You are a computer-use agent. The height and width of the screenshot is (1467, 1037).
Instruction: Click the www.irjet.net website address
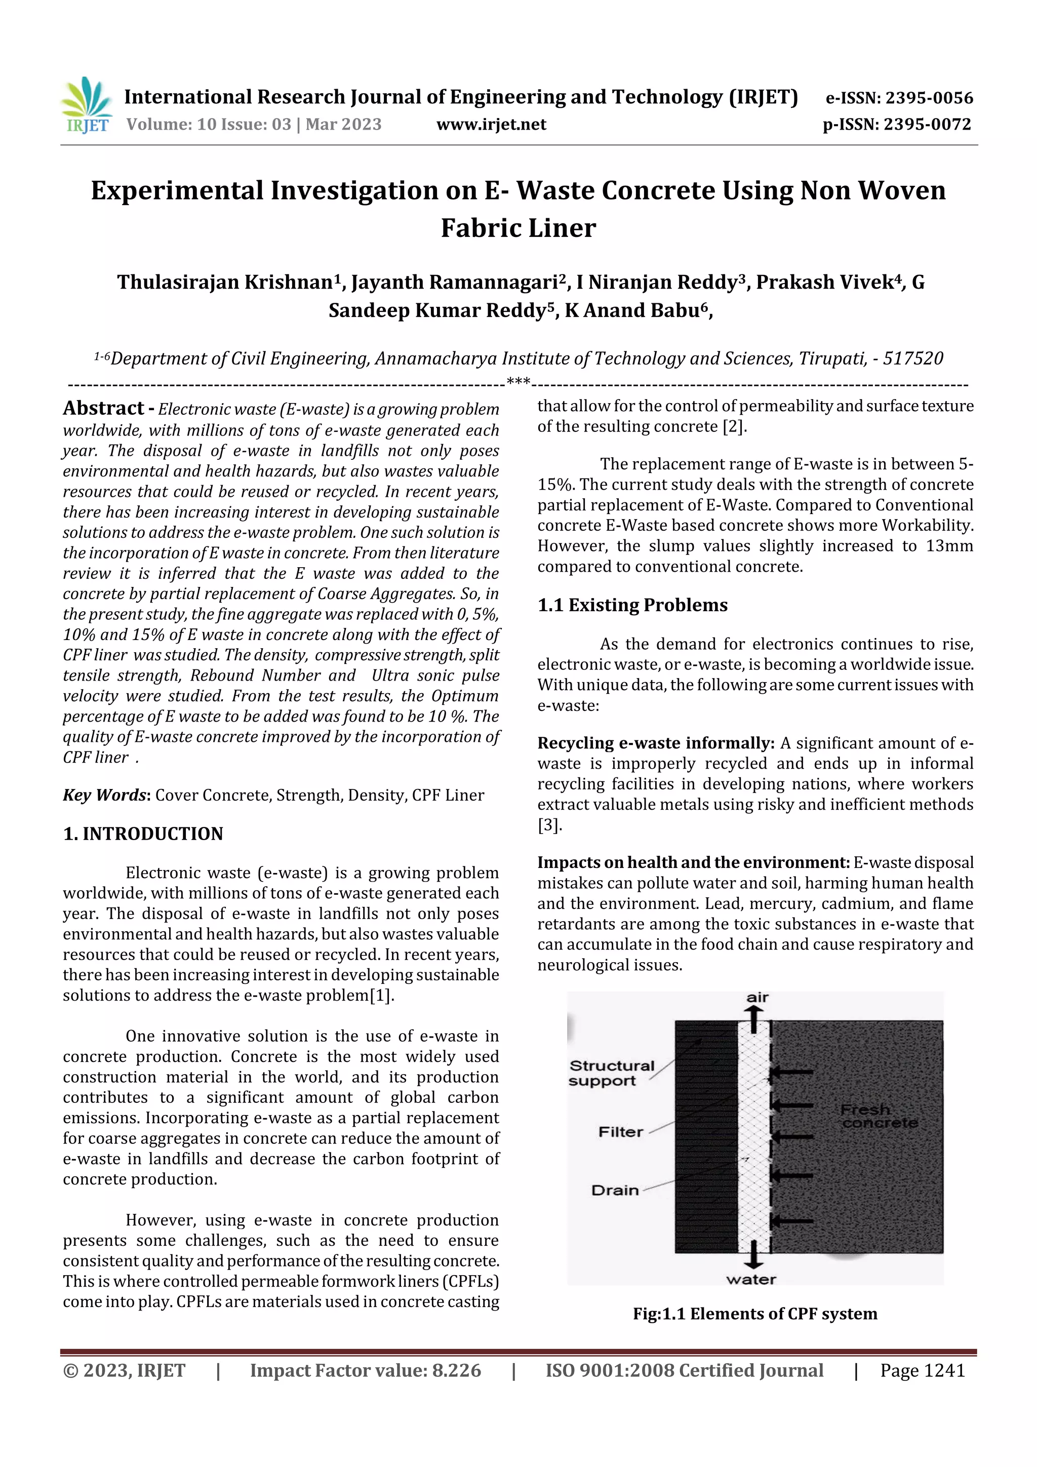tap(491, 124)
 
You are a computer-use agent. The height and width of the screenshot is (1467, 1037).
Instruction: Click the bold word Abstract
tap(103, 408)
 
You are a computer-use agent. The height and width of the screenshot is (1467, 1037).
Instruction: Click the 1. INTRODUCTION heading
tap(143, 834)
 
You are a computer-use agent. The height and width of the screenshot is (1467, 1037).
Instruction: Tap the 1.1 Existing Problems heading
tap(632, 605)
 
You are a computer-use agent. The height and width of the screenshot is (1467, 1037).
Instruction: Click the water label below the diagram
tap(751, 1279)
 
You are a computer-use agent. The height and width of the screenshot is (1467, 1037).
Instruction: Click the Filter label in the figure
tap(620, 1132)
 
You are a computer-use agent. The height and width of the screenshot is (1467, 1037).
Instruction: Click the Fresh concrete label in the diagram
tap(879, 1116)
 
